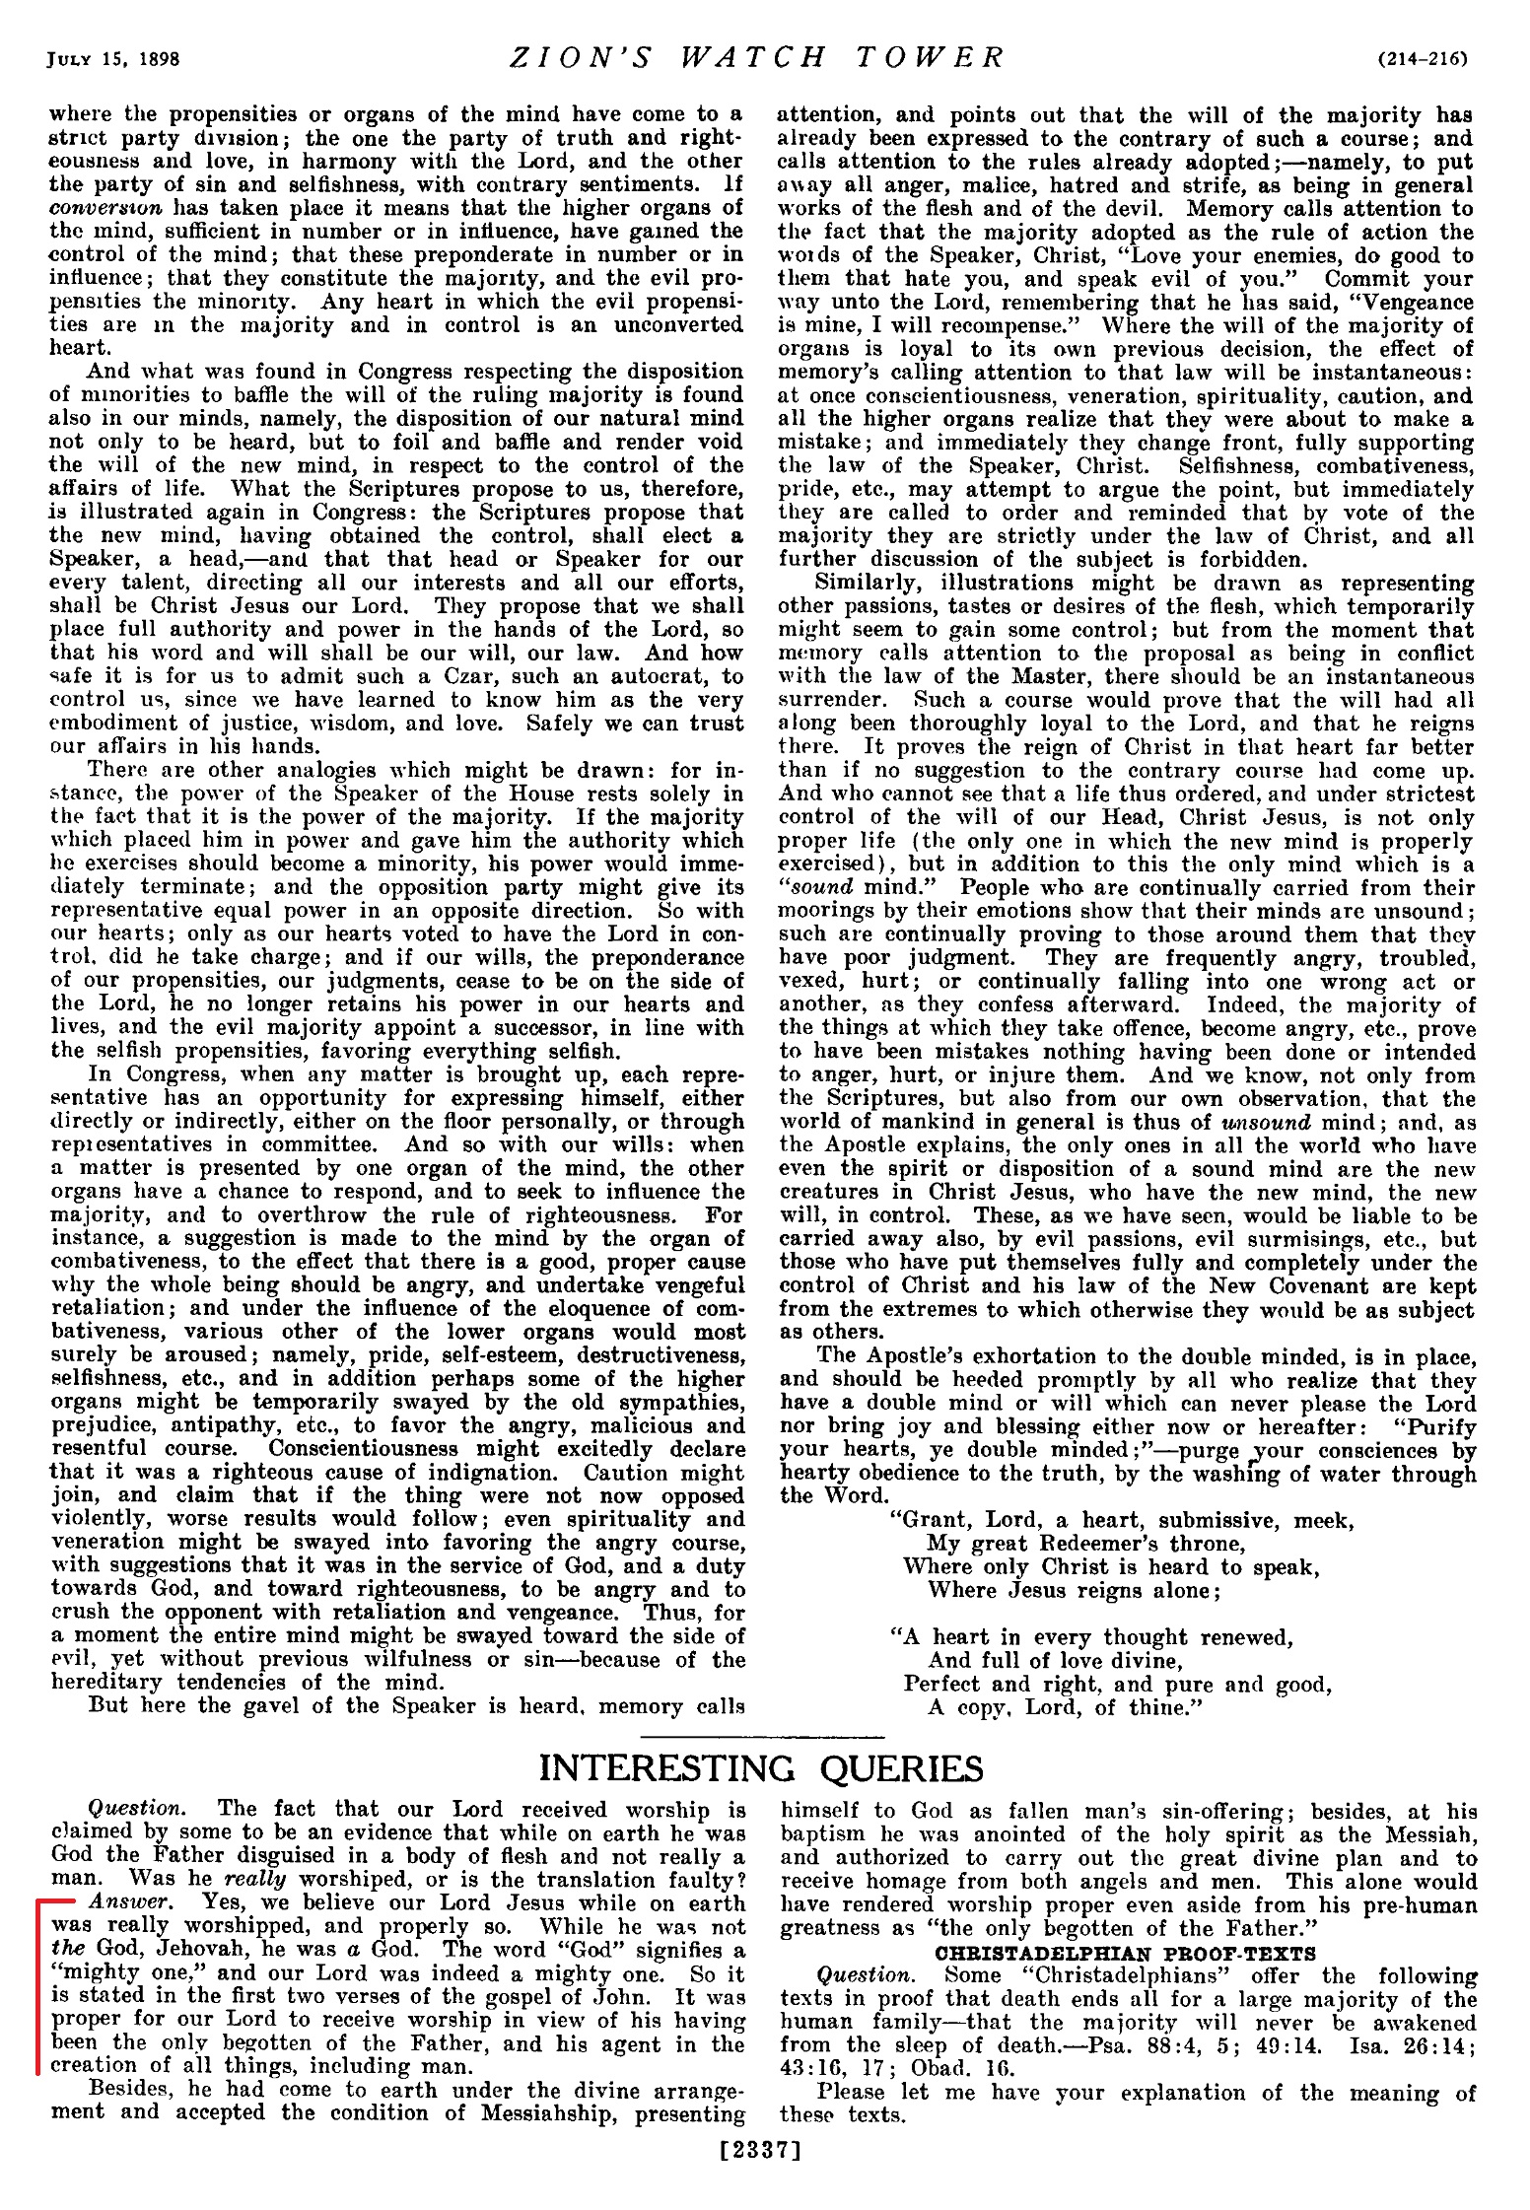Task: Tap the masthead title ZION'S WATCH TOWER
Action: click(756, 57)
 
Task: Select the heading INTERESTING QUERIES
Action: click(761, 1769)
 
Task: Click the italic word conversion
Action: click(104, 208)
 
